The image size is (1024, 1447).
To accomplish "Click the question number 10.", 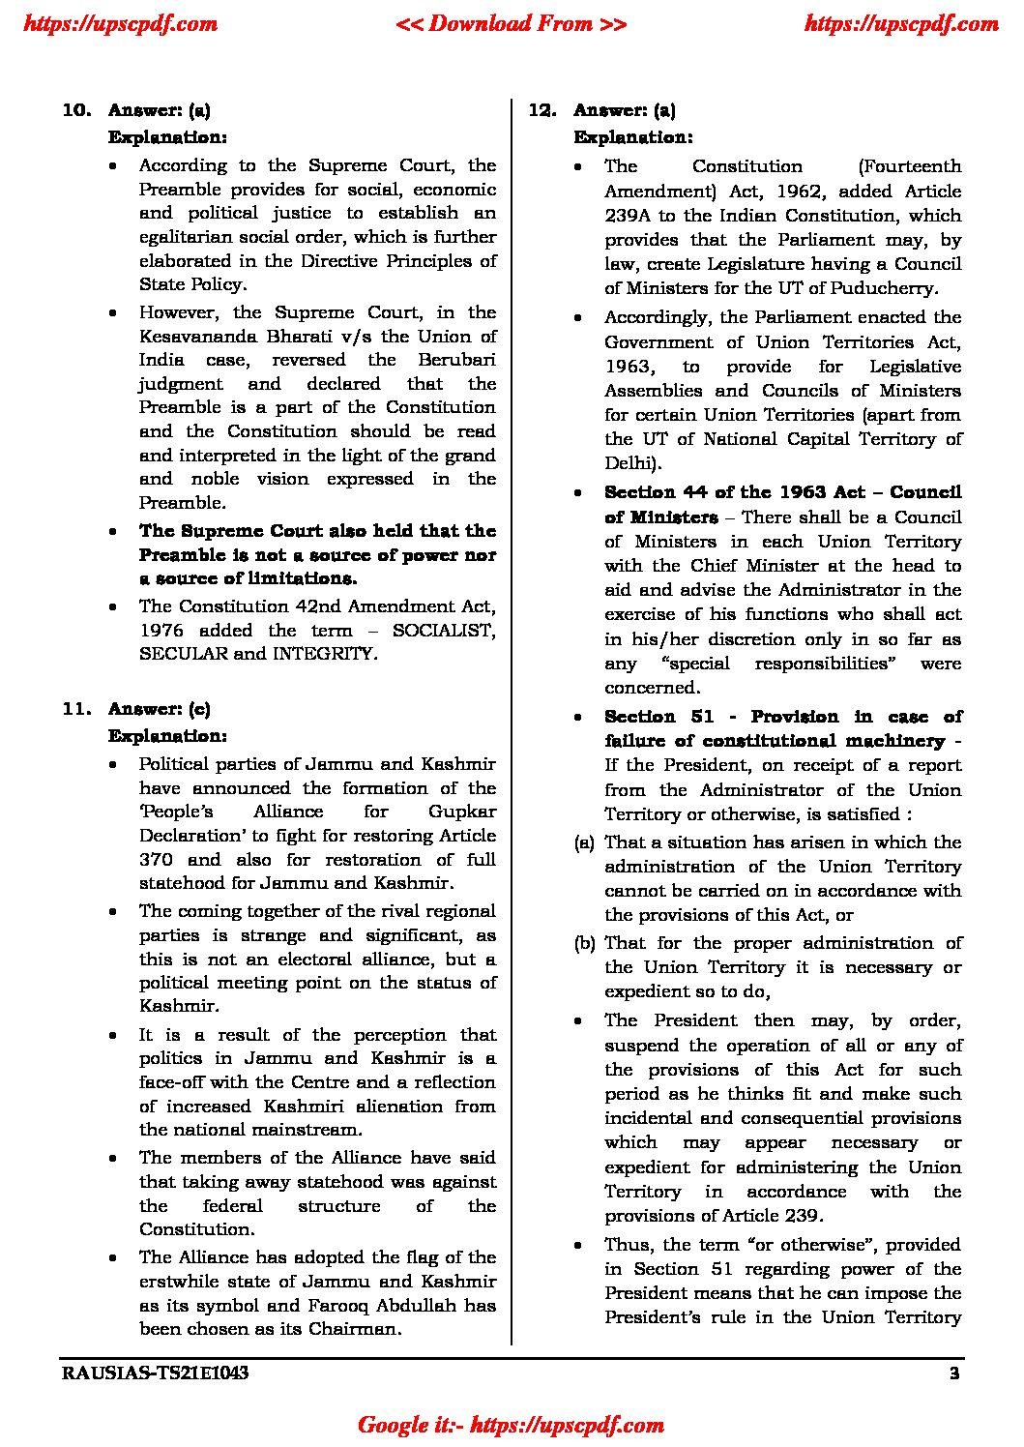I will click(x=76, y=110).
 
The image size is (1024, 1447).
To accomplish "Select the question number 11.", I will click(x=76, y=709).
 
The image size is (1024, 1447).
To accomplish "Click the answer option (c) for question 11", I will click(x=199, y=709).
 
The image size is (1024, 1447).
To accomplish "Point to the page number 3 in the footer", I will click(x=954, y=1373).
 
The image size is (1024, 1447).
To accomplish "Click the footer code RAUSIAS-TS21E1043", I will click(x=155, y=1373).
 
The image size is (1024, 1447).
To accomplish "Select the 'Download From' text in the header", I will click(x=511, y=23).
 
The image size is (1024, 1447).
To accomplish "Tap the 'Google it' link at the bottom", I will click(x=511, y=1425).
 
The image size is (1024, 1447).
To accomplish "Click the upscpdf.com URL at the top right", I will click(x=901, y=23).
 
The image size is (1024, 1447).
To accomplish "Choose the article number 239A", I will click(x=631, y=216).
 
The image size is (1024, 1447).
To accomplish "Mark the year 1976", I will click(x=159, y=631).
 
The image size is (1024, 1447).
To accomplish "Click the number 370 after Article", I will click(x=156, y=859).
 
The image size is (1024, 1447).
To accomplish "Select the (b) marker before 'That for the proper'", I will click(x=584, y=943).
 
